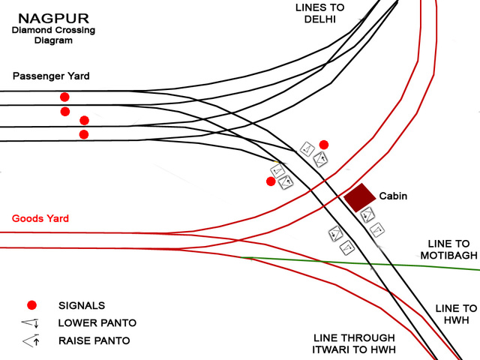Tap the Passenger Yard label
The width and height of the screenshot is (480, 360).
pos(51,76)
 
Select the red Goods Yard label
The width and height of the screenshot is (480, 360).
pos(40,219)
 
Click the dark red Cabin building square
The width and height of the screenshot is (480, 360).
pos(359,197)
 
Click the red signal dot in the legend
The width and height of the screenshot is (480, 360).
pos(31,304)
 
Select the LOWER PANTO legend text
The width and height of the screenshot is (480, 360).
pos(97,323)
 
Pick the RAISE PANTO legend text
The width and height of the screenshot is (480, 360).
pos(94,341)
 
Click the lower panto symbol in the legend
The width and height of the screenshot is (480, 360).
pos(31,323)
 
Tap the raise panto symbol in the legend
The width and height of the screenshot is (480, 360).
pos(31,341)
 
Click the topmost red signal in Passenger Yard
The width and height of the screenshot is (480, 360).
pos(64,97)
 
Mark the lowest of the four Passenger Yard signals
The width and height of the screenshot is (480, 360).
pos(84,134)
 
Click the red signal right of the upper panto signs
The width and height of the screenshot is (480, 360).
pos(324,145)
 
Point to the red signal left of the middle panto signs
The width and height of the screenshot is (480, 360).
pos(271,181)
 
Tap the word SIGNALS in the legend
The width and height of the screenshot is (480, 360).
pos(82,305)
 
